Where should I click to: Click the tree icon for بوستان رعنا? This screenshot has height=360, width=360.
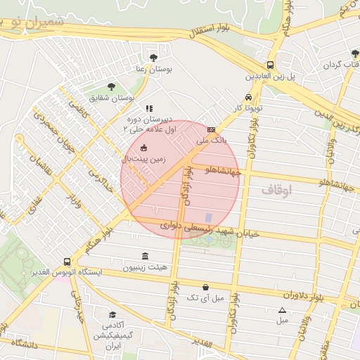pos(154,58)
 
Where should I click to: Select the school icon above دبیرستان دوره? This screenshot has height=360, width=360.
pos(148,109)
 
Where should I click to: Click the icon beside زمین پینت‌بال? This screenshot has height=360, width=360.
pos(144,148)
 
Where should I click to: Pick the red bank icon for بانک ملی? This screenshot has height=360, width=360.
pos(211,130)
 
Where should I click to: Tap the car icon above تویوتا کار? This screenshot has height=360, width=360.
pos(248,98)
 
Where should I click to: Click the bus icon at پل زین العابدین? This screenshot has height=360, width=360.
pos(271,65)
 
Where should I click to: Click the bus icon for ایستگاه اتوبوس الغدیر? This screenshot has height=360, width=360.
pos(67,262)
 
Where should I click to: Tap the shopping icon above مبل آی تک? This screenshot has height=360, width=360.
pos(205,287)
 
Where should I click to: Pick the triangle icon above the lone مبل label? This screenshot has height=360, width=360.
pos(283,310)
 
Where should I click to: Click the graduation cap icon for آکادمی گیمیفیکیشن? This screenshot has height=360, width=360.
pos(112,315)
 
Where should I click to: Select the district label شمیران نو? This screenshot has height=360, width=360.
pos(42,21)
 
